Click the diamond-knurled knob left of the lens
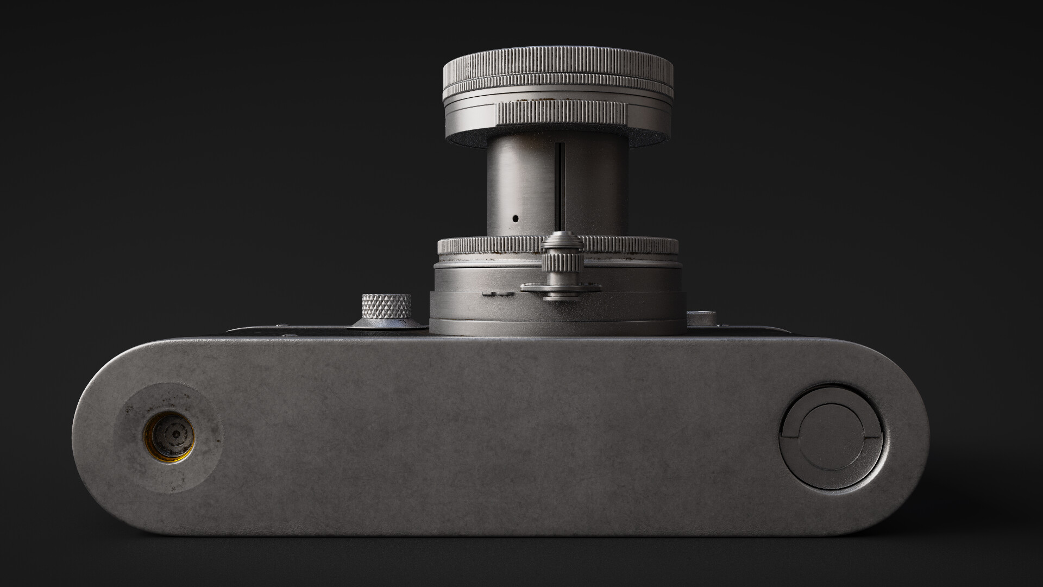coord(387,308)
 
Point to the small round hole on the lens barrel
coord(516,219)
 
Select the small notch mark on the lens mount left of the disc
coord(498,294)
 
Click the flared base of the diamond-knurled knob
coord(387,324)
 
